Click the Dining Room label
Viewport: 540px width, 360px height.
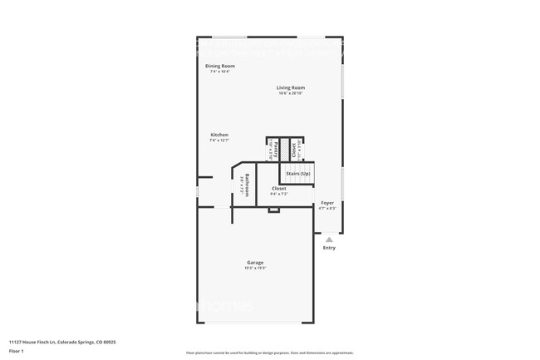click(x=220, y=66)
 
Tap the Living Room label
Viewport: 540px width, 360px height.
click(x=291, y=87)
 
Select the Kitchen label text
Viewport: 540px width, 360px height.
click(x=219, y=135)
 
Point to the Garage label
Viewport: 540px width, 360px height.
click(x=254, y=263)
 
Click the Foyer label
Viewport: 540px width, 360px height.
click(x=328, y=202)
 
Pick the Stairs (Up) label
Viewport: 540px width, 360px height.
click(x=297, y=174)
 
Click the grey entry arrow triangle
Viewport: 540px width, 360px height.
click(x=329, y=239)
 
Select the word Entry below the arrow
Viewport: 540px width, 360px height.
click(x=329, y=248)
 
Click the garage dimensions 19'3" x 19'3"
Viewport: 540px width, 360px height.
click(x=254, y=268)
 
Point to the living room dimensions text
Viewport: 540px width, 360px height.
click(x=291, y=92)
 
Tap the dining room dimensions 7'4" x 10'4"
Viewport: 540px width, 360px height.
click(x=220, y=72)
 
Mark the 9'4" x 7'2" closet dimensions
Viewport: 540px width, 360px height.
click(x=279, y=194)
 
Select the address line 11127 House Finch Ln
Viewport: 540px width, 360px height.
click(x=62, y=341)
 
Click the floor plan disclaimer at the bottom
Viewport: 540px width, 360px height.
click(x=269, y=353)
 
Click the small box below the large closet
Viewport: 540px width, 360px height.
click(x=273, y=210)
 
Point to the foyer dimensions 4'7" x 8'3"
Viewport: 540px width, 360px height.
click(x=328, y=208)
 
